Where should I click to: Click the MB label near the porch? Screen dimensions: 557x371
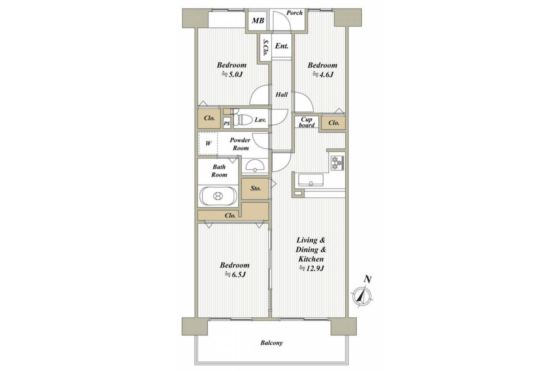[x=258, y=20]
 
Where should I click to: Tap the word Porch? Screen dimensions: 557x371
[x=294, y=13]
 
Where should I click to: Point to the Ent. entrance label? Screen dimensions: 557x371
[x=282, y=46]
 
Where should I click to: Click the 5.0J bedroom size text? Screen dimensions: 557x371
[x=232, y=74]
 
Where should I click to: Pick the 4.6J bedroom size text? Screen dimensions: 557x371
[x=323, y=74]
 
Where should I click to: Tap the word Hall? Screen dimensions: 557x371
[x=282, y=94]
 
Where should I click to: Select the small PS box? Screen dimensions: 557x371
[x=227, y=124]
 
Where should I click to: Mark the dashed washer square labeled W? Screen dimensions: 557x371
[x=208, y=143]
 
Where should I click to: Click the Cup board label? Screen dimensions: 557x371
[x=307, y=122]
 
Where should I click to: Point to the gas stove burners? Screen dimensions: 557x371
[x=337, y=163]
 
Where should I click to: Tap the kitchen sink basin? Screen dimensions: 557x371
[x=311, y=180]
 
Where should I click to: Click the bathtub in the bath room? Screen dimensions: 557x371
[x=218, y=196]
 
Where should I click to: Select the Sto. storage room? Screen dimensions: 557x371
[x=255, y=189]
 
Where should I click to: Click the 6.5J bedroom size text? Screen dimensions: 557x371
[x=235, y=274]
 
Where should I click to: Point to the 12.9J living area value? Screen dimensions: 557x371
[x=312, y=268]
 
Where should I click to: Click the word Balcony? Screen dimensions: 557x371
[x=272, y=343]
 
